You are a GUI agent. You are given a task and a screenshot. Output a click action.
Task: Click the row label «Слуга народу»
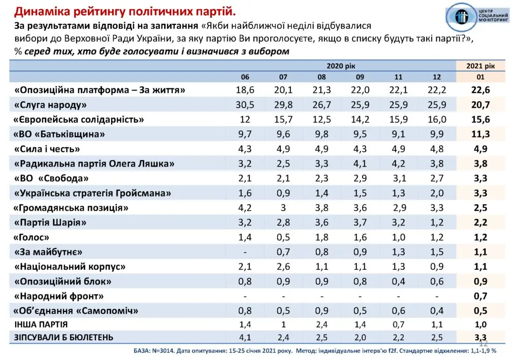[51, 105]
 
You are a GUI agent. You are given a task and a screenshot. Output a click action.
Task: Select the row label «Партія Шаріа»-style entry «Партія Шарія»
[51, 222]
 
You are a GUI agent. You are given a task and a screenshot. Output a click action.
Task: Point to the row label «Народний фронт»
[60, 296]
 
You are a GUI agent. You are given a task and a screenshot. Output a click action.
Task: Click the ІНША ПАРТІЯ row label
[41, 324]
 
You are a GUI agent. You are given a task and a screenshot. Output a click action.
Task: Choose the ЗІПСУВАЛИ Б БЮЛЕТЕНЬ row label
[63, 338]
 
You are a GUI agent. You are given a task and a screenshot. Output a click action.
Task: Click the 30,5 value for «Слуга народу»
[245, 105]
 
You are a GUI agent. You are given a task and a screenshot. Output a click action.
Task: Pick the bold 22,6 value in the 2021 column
[480, 90]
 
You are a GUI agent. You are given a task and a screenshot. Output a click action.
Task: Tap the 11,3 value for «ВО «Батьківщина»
[480, 135]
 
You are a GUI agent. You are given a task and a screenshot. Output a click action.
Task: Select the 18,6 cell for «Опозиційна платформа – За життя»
[245, 90]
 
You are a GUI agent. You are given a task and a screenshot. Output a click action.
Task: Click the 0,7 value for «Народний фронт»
[480, 296]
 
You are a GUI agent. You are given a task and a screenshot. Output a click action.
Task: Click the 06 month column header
[245, 77]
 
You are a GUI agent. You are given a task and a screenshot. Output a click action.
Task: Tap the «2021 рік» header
[480, 66]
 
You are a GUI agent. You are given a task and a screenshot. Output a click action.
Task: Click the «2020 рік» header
[341, 66]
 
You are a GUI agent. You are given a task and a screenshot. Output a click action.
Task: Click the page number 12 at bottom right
[483, 344]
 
